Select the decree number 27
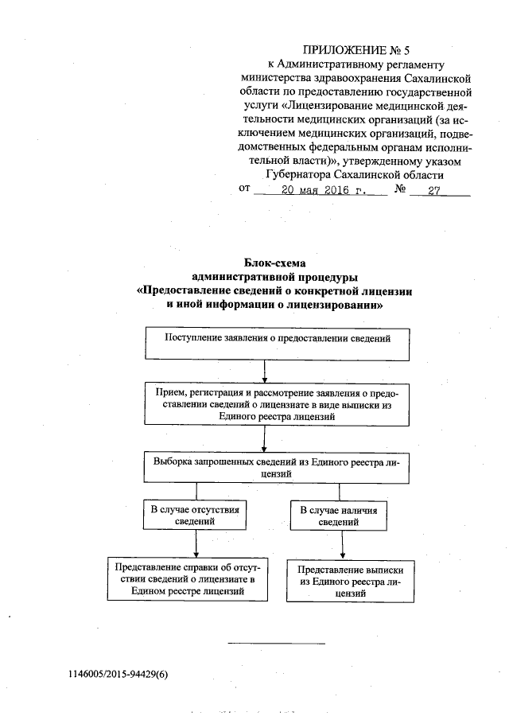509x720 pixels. click(x=433, y=190)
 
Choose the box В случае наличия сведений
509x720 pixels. click(x=343, y=515)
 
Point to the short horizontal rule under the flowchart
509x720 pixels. click(x=277, y=642)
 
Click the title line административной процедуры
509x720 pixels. click(x=275, y=277)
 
